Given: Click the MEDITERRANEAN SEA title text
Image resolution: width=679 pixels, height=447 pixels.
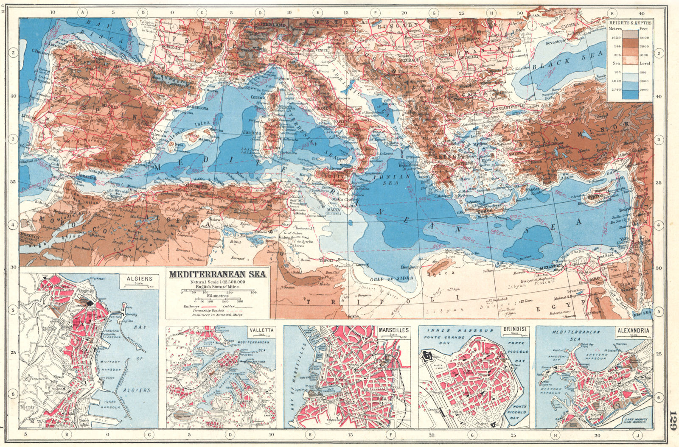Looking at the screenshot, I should pos(218,274).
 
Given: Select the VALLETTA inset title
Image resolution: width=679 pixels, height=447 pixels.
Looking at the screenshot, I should pos(261,330).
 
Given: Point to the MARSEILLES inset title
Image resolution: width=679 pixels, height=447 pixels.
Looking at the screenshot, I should pos(393,330).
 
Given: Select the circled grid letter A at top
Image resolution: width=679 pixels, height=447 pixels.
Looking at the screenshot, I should pos(83,12).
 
